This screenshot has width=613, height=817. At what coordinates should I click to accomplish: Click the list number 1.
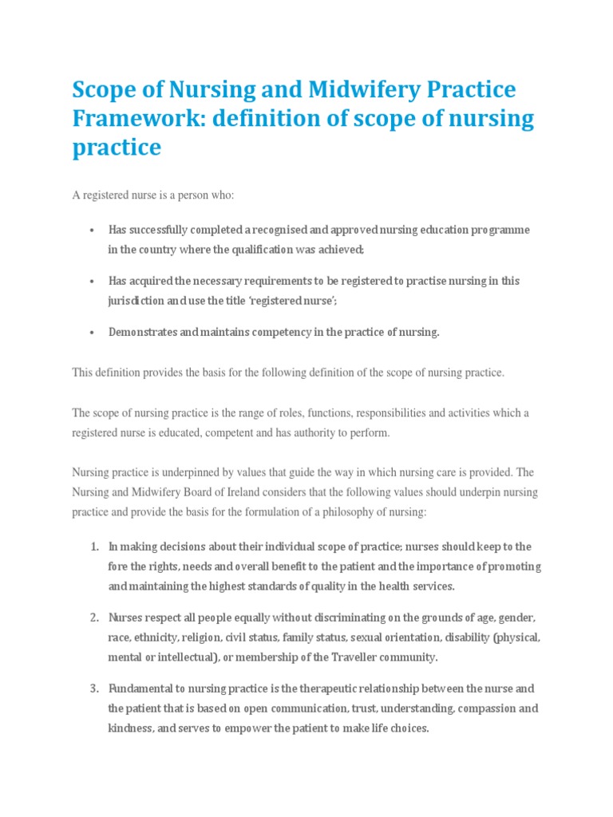pyautogui.click(x=93, y=547)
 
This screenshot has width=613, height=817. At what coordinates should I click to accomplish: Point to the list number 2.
pyautogui.click(x=93, y=618)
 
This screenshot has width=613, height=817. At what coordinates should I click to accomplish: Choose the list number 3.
pyautogui.click(x=93, y=688)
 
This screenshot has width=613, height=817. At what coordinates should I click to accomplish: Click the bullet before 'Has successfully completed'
pyautogui.click(x=93, y=230)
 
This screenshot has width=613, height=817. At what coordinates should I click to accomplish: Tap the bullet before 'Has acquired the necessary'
pyautogui.click(x=93, y=282)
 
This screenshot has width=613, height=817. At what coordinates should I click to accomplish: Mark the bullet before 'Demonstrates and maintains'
pyautogui.click(x=93, y=333)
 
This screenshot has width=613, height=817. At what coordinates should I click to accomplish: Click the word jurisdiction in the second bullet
pyautogui.click(x=134, y=302)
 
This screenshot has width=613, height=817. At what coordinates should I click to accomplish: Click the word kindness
pyautogui.click(x=129, y=728)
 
